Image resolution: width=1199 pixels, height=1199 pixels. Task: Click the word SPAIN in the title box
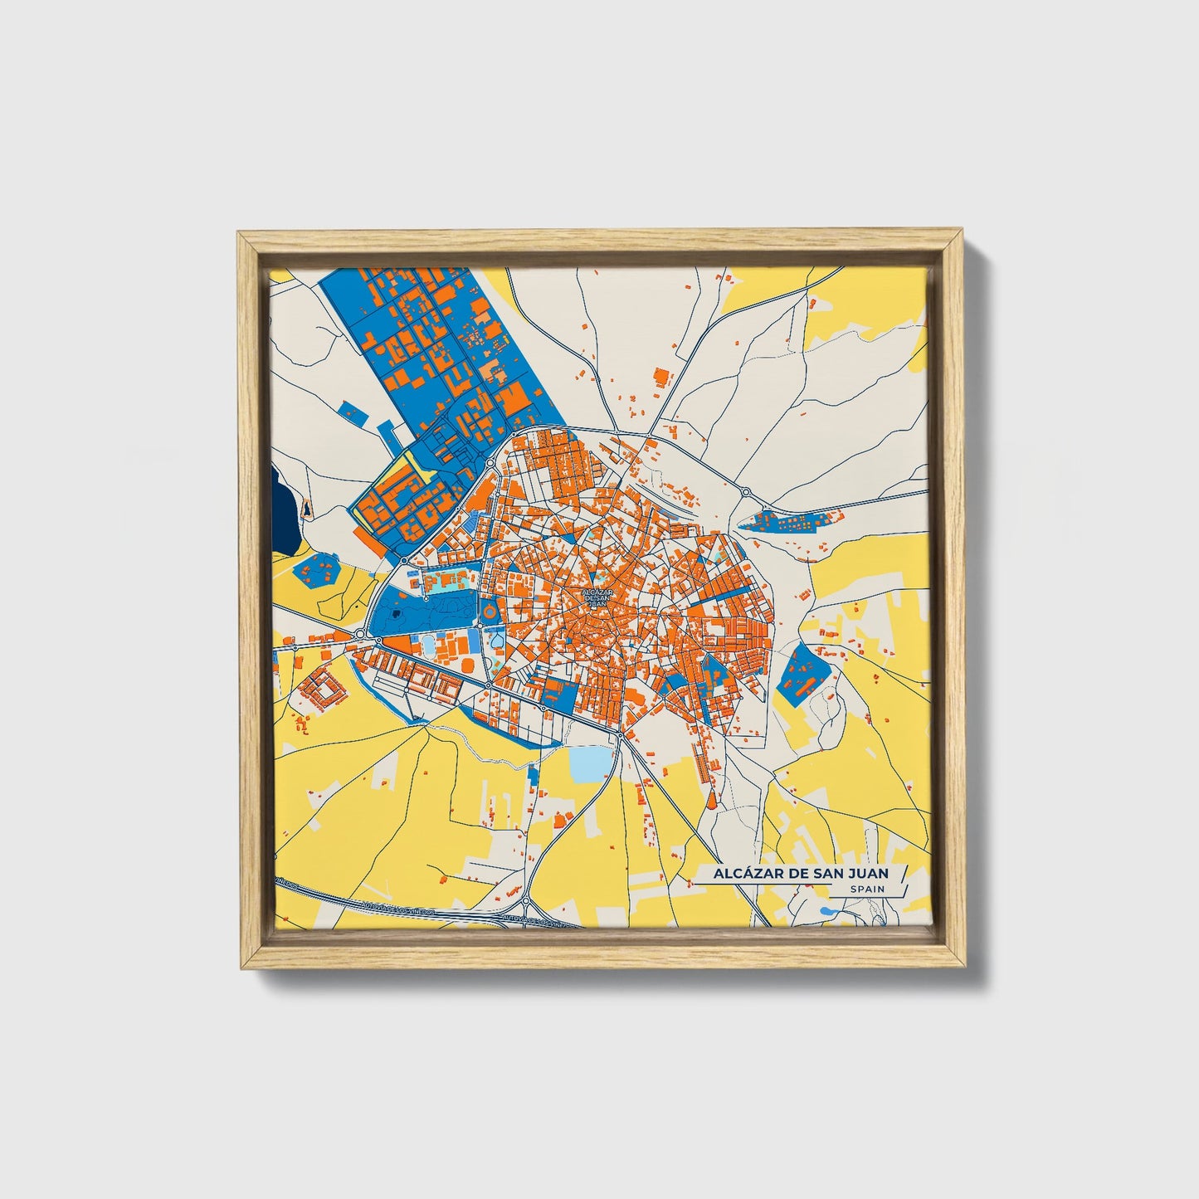[867, 889]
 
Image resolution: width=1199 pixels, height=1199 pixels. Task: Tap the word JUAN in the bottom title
[866, 873]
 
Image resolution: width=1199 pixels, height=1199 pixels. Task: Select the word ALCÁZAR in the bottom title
[737, 873]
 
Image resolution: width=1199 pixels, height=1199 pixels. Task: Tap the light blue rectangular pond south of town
[591, 764]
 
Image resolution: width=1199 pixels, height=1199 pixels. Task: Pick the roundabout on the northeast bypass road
[746, 492]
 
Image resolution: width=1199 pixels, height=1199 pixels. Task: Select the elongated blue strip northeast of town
[788, 522]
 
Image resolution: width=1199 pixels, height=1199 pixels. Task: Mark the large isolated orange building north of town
[661, 377]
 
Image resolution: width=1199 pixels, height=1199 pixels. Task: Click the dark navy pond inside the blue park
[397, 613]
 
